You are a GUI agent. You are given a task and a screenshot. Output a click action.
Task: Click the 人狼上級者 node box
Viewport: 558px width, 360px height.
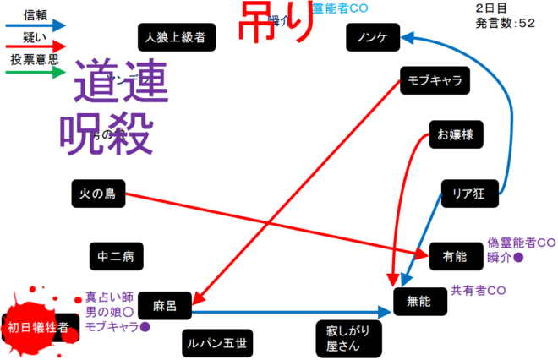pos(177,37)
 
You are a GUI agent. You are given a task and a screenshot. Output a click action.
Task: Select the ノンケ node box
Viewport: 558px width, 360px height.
pos(373,37)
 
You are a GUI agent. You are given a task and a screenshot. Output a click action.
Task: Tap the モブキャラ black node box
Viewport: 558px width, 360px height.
pos(435,81)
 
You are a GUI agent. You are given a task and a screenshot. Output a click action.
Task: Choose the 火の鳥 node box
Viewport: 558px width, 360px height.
pos(98,194)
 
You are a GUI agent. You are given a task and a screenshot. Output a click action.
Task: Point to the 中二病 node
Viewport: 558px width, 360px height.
pos(115,254)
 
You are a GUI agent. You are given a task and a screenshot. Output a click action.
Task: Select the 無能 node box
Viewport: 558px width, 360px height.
pos(419,300)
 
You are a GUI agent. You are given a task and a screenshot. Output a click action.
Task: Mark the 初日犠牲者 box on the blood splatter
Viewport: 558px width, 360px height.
pos(38,328)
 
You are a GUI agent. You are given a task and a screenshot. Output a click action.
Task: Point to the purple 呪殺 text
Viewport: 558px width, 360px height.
pos(106,131)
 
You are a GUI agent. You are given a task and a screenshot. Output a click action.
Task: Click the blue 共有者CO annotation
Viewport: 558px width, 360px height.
pos(478,290)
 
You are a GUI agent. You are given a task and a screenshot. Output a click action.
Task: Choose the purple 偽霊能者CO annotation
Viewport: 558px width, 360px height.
pos(522,242)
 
